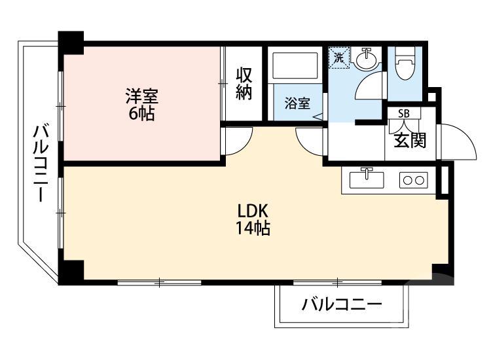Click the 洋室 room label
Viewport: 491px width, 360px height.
[142, 96]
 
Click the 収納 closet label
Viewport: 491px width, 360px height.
[244, 83]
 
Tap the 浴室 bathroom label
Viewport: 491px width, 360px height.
[297, 103]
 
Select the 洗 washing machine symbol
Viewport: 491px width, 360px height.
[339, 57]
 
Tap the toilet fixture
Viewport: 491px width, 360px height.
[406, 65]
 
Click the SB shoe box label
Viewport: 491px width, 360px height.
[404, 113]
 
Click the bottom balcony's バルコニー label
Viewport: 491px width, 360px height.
[342, 306]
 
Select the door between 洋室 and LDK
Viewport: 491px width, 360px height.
[237, 139]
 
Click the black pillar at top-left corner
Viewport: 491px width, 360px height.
[71, 42]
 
